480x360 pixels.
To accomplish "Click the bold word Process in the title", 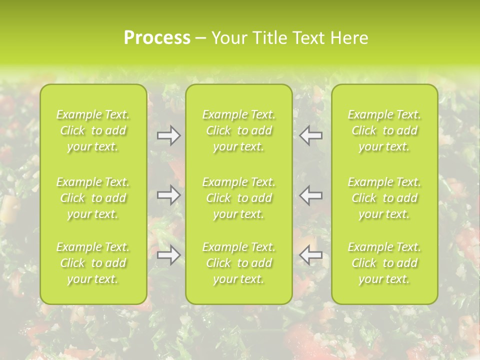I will click(157, 38).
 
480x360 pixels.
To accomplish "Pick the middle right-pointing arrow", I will click(168, 195).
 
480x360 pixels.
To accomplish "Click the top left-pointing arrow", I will click(311, 135).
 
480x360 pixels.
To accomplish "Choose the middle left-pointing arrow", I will click(311, 195).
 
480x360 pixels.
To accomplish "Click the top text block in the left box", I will click(93, 130).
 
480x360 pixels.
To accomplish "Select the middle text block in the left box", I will click(93, 198).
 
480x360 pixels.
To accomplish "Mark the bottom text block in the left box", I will click(93, 263).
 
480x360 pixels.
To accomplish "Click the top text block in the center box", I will click(239, 130).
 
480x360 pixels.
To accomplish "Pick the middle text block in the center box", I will click(239, 198).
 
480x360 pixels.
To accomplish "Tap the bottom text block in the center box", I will click(239, 263).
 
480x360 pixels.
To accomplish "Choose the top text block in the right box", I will click(384, 130).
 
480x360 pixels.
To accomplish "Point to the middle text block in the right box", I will click(384, 198).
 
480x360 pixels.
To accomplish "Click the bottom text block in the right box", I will click(384, 263).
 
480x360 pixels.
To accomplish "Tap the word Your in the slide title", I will click(228, 38).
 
